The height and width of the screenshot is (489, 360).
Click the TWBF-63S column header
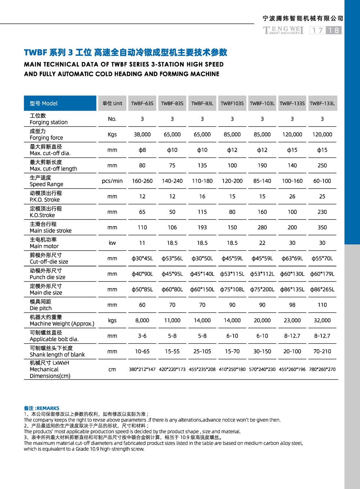(142, 103)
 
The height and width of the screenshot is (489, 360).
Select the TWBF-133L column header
(322, 103)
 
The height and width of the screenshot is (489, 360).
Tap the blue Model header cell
(60, 103)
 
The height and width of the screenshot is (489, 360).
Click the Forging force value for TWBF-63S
(142, 134)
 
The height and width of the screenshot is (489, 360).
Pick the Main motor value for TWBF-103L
(262, 243)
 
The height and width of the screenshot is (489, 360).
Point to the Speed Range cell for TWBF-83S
(172, 181)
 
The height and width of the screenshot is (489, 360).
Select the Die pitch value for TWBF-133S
(292, 305)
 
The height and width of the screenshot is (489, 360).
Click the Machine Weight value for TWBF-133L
(322, 320)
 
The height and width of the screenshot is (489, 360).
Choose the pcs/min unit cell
(112, 181)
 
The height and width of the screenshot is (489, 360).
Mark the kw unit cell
(112, 243)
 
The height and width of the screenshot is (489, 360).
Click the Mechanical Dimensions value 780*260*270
(322, 369)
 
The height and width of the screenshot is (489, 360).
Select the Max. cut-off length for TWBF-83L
(202, 165)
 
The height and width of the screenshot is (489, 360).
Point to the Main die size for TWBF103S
(232, 289)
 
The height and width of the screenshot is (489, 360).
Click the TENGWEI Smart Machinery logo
(283, 30)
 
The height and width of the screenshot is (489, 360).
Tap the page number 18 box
(334, 30)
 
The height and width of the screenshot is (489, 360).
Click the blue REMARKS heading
(42, 408)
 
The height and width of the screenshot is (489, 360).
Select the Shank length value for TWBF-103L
(262, 351)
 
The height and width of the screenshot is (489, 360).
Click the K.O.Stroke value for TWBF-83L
(202, 212)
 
